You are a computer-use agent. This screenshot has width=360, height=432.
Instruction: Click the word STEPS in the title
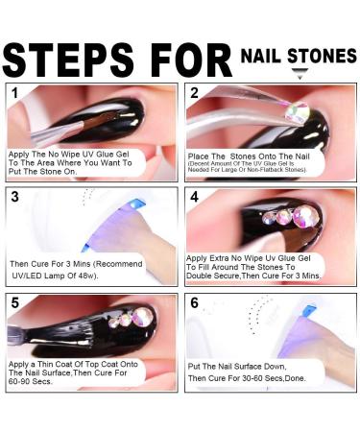[68, 60]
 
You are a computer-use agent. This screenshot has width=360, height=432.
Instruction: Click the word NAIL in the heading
[261, 56]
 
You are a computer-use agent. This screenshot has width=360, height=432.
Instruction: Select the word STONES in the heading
[323, 56]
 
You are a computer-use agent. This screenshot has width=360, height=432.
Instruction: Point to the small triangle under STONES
[300, 74]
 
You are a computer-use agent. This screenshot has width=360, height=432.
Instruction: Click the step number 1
[14, 93]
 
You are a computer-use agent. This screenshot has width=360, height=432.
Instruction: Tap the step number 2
[194, 93]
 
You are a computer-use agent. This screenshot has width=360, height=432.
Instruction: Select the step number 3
[14, 197]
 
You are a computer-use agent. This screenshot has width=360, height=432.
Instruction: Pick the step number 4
[195, 197]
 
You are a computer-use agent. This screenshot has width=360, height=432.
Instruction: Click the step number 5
[15, 302]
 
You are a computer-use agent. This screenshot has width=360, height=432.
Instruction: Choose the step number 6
[195, 302]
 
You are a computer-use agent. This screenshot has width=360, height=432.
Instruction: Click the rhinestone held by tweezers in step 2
[298, 111]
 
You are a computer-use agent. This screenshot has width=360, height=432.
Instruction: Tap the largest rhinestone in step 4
[304, 216]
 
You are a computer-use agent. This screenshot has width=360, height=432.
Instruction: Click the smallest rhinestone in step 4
[269, 218]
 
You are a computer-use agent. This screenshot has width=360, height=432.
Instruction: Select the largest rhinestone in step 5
[143, 317]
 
